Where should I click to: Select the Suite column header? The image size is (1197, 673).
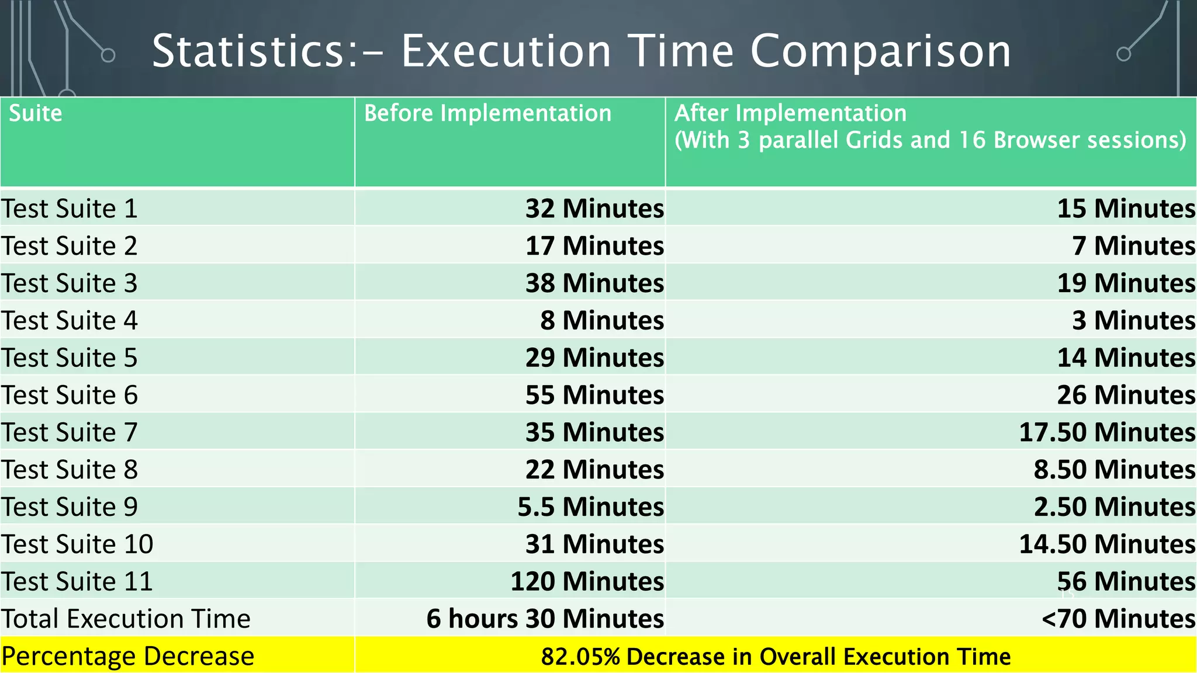tap(35, 113)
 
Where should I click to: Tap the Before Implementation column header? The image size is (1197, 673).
tap(487, 113)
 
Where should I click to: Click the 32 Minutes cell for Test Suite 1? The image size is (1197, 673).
tap(594, 209)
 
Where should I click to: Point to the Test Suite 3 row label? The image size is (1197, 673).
tap(69, 283)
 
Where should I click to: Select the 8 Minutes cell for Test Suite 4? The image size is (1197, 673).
tap(601, 321)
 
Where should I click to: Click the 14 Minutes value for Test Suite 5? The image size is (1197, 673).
tap(1126, 358)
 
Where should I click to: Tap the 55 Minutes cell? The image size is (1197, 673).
tap(594, 395)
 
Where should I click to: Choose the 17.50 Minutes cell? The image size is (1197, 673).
tap(1106, 432)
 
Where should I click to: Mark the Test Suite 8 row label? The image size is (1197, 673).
tap(69, 470)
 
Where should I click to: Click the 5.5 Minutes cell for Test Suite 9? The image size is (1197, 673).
tap(590, 507)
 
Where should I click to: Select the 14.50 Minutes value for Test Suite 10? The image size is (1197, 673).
tap(1106, 544)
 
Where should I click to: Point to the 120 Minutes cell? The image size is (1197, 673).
tap(587, 582)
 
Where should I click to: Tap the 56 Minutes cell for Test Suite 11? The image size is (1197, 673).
tap(1126, 582)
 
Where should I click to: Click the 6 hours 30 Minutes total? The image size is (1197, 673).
tap(545, 619)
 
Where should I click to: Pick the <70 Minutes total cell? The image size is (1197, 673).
tap(1118, 619)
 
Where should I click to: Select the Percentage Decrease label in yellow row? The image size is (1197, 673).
tap(127, 656)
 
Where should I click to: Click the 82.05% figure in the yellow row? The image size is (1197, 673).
tap(580, 657)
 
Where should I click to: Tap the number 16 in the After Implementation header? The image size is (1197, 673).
tap(972, 140)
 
